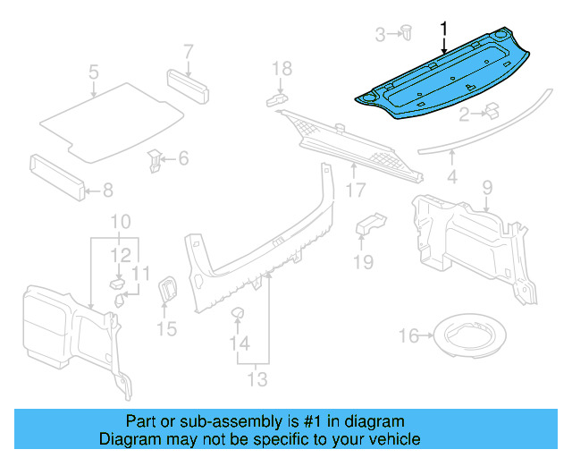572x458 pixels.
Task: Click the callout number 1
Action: [x=443, y=30]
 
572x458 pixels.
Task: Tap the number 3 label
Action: [x=380, y=35]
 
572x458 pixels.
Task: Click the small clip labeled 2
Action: [x=491, y=111]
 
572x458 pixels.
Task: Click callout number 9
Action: [x=487, y=187]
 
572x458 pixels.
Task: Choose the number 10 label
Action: [x=121, y=222]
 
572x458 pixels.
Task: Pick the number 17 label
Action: [x=356, y=190]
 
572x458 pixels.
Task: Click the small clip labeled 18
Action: [x=276, y=98]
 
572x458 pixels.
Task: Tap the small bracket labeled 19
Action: [x=369, y=224]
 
